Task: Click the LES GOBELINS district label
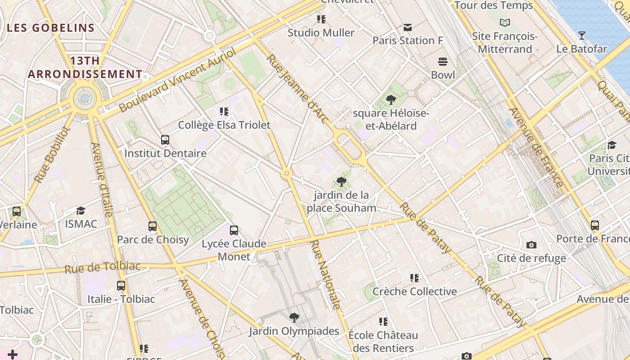point(51,28)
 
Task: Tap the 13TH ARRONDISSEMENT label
point(85,67)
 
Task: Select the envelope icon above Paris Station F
point(408,27)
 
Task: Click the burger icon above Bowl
point(443,62)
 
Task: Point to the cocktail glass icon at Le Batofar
point(582,36)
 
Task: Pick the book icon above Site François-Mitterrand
point(505,22)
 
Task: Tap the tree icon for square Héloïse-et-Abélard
point(391,100)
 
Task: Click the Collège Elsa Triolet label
point(224,125)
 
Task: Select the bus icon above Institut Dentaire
point(165,140)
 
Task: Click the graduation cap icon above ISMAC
point(81,211)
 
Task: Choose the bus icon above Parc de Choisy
point(153,226)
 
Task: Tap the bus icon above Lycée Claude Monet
point(234,230)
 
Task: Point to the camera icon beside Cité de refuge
point(531,245)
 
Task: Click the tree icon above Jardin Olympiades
point(294,318)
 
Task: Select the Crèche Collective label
point(414,292)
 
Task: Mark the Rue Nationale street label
point(325,274)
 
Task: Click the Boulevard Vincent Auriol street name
point(178,81)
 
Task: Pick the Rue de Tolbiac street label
point(103,267)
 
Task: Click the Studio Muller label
point(321,33)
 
